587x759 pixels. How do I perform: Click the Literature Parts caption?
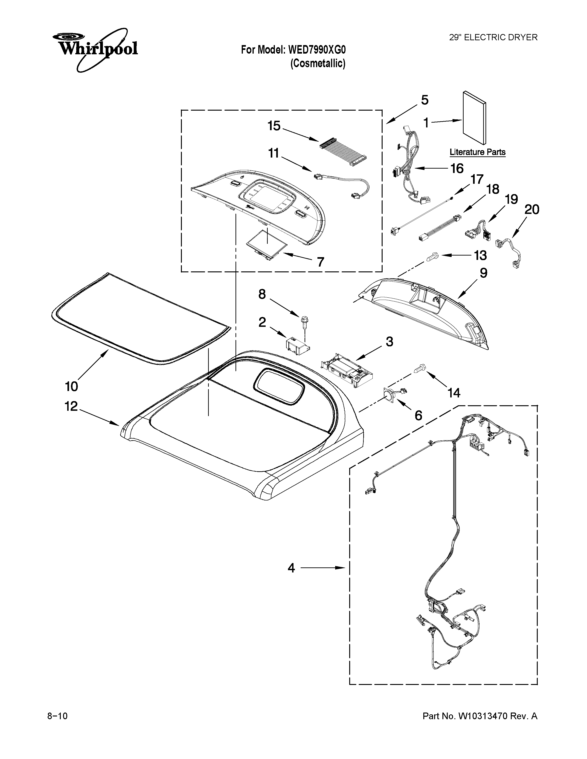point(477,152)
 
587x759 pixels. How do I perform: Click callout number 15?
point(274,126)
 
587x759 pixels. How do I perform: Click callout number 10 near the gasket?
point(72,386)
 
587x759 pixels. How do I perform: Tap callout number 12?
point(71,406)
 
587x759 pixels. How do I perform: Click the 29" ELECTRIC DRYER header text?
point(493,37)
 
